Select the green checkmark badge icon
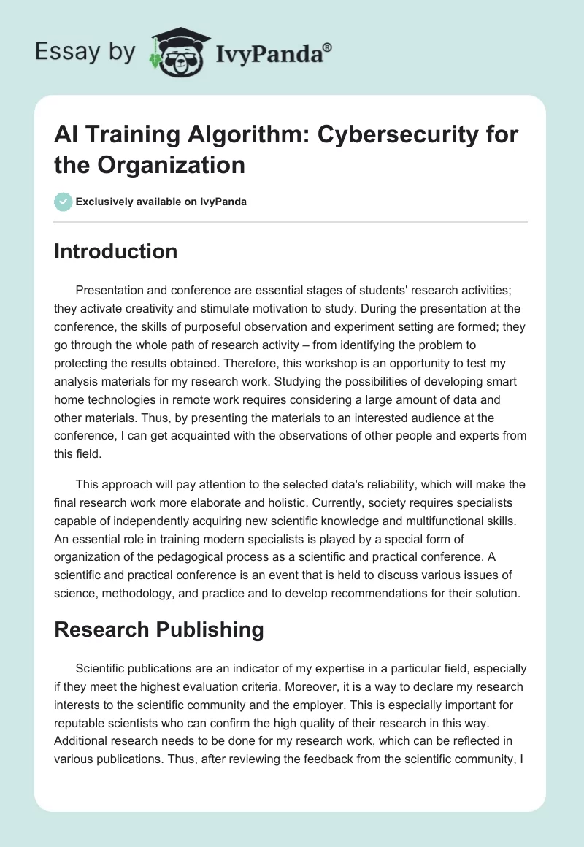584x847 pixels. [x=64, y=202]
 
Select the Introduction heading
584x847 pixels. [x=115, y=251]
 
